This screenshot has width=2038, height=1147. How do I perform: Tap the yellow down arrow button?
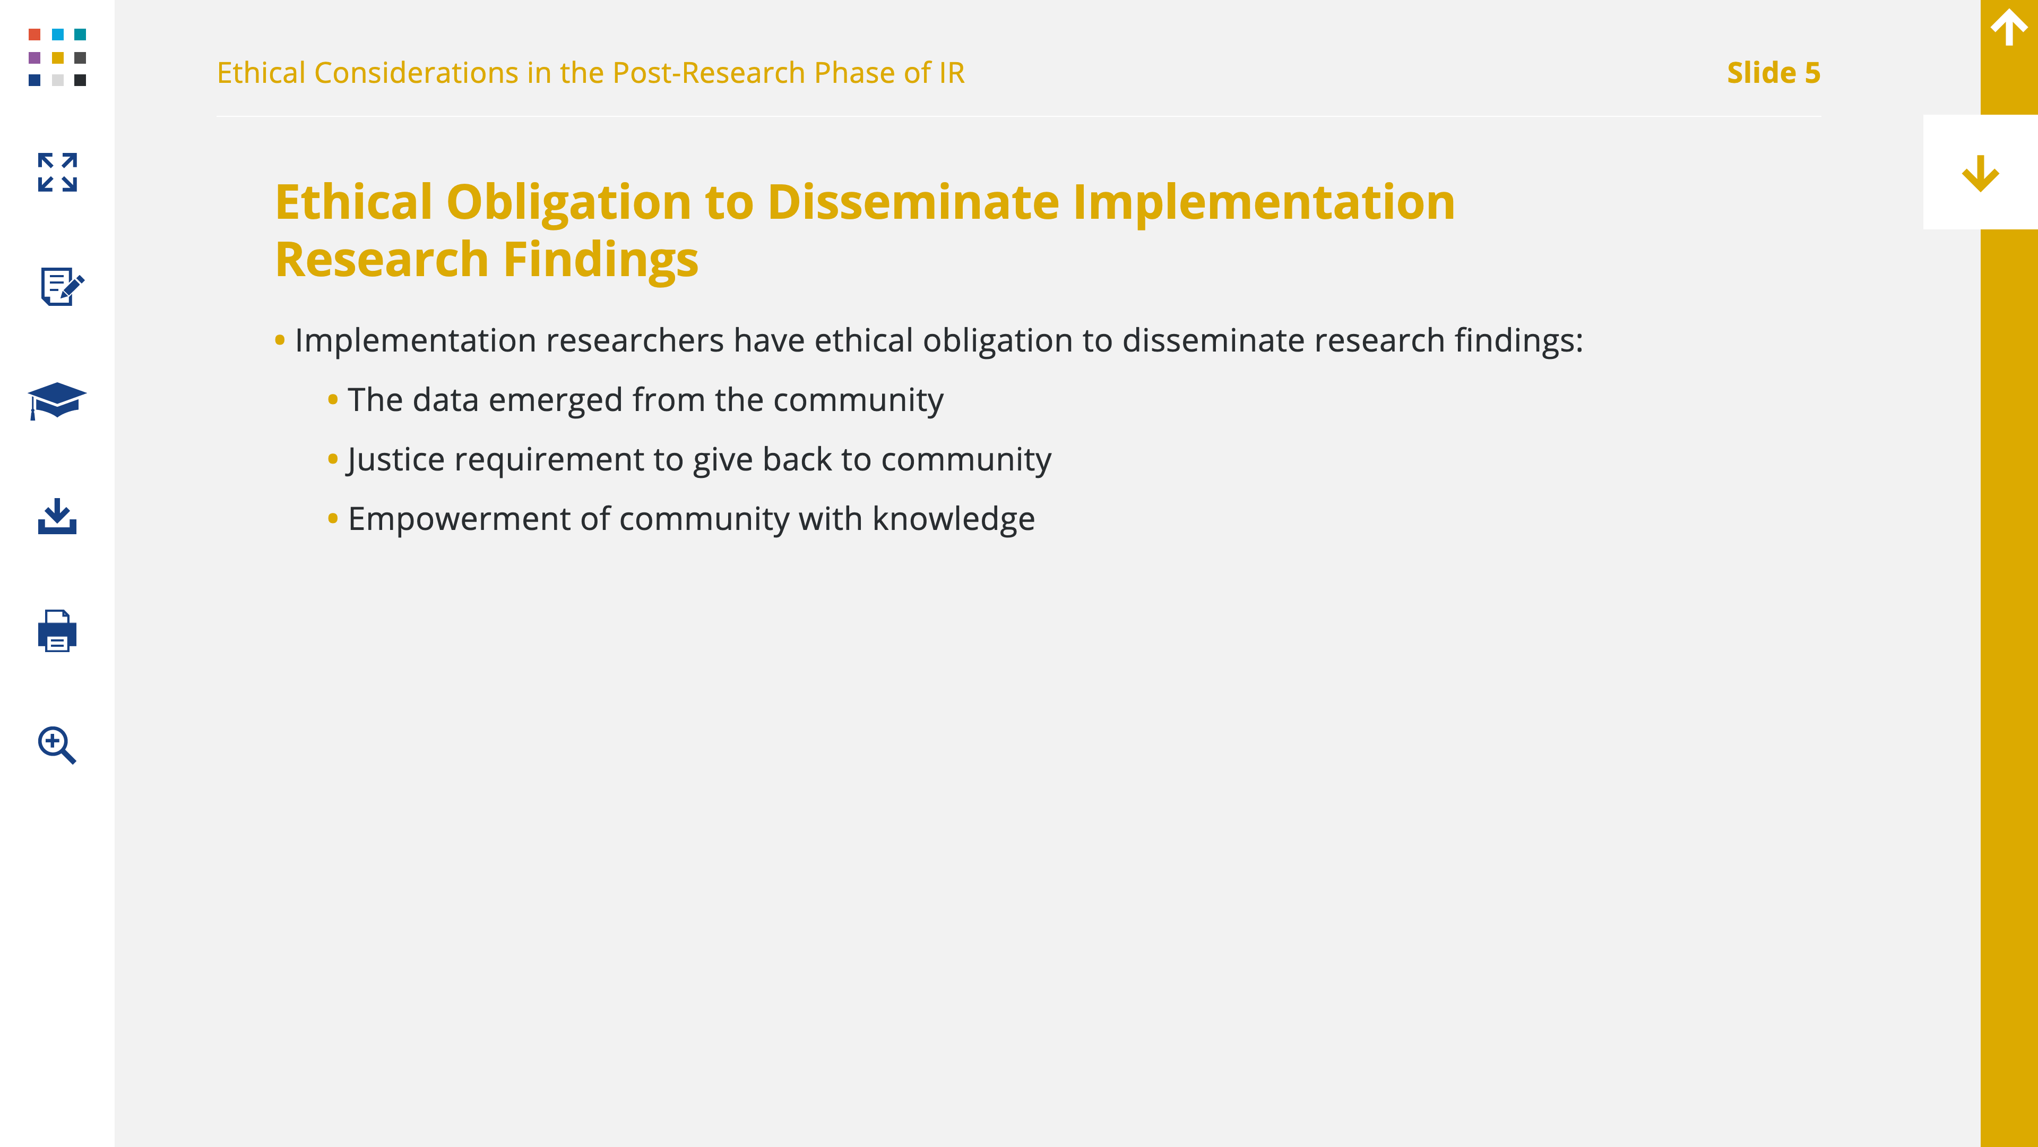[x=1980, y=173]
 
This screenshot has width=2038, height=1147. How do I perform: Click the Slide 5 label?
[x=1773, y=73]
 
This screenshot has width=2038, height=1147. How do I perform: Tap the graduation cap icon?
[x=57, y=400]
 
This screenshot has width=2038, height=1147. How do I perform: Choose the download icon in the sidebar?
[x=57, y=516]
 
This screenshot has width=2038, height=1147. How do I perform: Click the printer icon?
[x=57, y=631]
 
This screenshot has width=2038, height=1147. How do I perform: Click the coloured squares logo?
[x=57, y=57]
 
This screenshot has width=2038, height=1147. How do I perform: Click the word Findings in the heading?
[x=600, y=260]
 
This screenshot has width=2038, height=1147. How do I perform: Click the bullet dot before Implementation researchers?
[x=279, y=340]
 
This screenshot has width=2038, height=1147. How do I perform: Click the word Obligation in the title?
[x=569, y=203]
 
